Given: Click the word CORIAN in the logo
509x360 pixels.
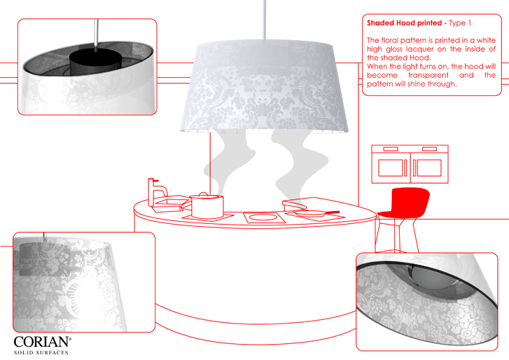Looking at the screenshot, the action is pos(42,342).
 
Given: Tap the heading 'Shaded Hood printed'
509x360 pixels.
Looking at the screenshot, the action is pos(404,23).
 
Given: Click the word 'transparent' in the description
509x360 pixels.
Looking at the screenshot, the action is pos(428,76).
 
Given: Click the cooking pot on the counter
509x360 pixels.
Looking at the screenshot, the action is pos(207,206).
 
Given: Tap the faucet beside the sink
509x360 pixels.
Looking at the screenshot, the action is pos(156,191).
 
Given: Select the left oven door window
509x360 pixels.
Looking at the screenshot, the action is pos(390,168).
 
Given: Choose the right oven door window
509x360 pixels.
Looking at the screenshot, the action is pos(429,168).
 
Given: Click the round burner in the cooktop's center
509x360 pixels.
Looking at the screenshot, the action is pos(264,217).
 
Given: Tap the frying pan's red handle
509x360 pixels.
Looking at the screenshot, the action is pos(332,212).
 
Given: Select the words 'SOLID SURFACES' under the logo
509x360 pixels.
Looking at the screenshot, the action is pos(41,353).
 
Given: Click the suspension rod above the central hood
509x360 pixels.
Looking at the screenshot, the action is pos(265,20).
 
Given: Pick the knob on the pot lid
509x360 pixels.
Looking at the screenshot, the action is pos(204,194).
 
